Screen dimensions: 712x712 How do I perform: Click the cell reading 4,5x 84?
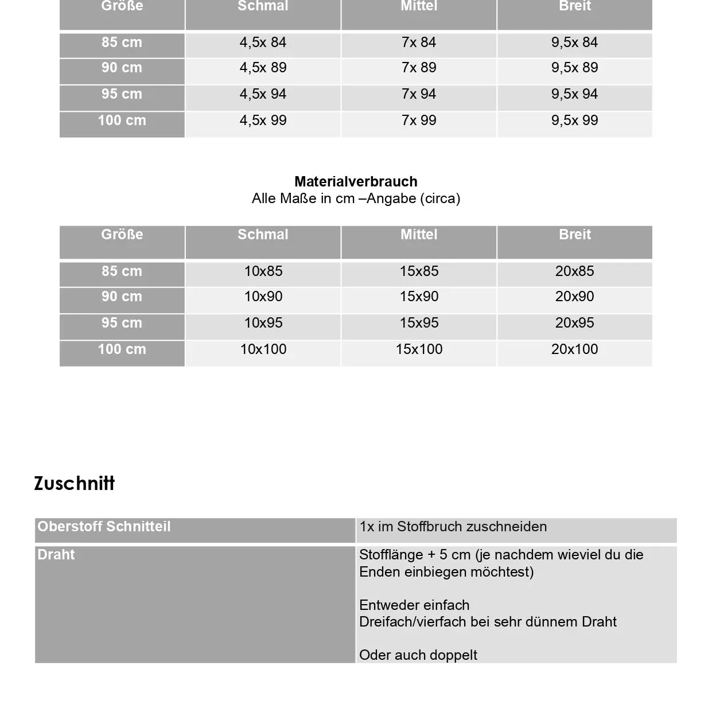[263, 42]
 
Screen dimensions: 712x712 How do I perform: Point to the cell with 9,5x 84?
[574, 42]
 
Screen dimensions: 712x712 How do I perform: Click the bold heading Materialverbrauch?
[356, 182]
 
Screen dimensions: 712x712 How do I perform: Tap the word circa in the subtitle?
[440, 199]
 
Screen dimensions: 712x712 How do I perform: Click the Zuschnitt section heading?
[75, 484]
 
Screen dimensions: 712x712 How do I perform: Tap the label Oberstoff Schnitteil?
[104, 527]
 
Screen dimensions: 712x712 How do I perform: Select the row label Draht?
[56, 555]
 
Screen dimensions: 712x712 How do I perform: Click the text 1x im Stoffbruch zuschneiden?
[453, 527]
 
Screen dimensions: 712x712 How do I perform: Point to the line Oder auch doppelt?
[418, 655]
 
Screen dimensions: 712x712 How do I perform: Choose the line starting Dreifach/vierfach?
[488, 622]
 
